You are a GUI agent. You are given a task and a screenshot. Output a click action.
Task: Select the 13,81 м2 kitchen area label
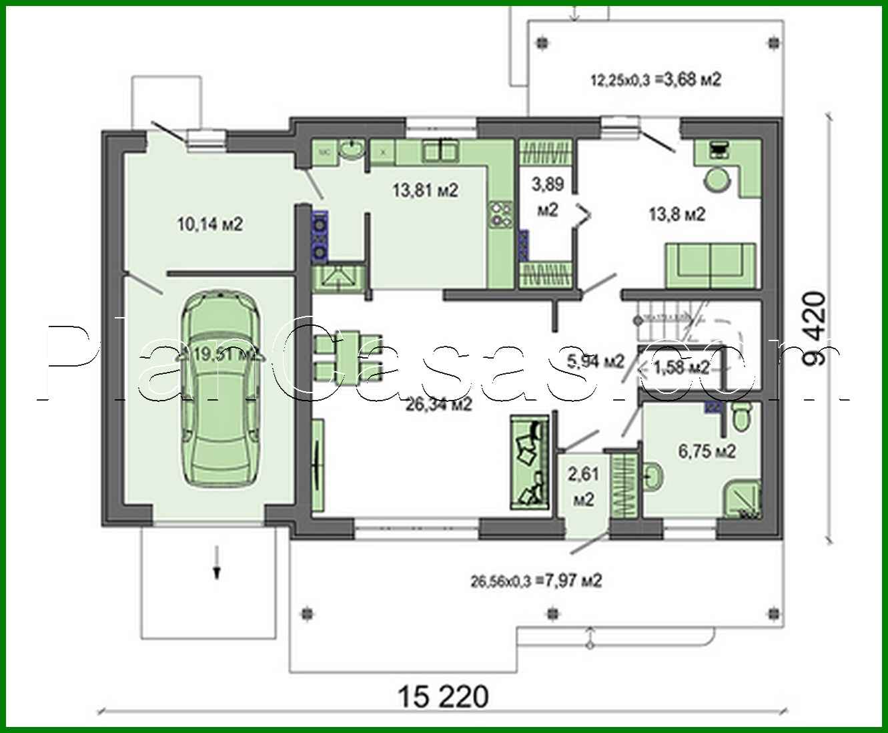(425, 191)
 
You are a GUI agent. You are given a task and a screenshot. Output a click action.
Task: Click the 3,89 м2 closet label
(547, 196)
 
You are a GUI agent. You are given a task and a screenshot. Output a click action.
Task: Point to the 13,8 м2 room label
(677, 214)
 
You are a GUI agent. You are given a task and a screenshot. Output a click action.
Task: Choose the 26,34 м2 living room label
(439, 404)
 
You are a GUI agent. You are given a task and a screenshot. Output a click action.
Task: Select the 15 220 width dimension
(443, 697)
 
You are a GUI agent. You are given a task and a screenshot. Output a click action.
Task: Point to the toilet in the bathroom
(741, 418)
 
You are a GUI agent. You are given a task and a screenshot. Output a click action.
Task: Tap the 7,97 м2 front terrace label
(536, 581)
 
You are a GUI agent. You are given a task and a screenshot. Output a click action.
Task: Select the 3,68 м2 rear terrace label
(656, 80)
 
